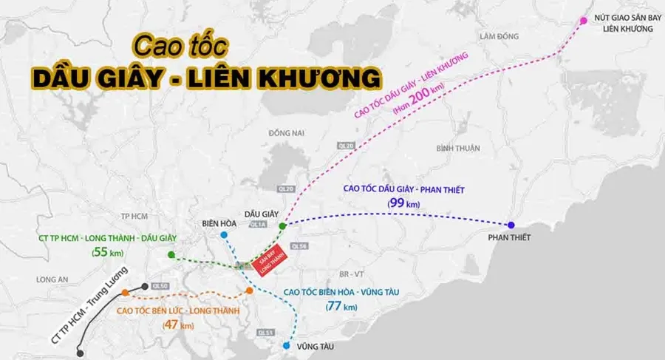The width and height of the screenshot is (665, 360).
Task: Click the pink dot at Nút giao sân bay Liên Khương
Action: coord(584,21)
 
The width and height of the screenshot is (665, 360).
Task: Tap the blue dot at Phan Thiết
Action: coord(511,225)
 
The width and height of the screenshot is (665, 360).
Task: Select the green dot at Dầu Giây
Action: coord(282,225)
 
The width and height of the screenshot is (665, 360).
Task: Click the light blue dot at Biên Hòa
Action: coord(224,235)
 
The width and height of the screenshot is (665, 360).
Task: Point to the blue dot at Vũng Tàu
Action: coord(287,344)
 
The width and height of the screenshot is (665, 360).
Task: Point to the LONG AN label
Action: coord(52,279)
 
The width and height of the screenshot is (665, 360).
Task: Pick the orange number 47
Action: coord(169,325)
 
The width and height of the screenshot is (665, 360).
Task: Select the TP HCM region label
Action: coord(135,216)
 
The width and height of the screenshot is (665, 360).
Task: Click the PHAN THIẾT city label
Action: coord(510,239)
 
